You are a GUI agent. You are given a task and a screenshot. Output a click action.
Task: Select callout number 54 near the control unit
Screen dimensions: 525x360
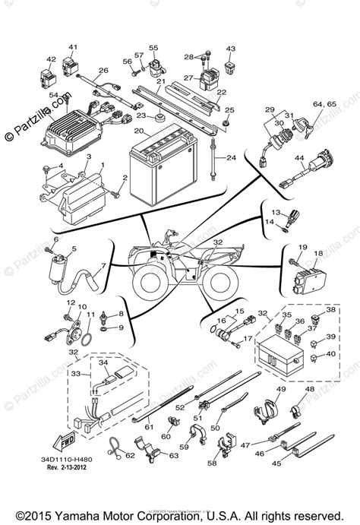(x=54, y=96)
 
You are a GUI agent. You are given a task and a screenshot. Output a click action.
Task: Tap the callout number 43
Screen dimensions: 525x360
(x=230, y=49)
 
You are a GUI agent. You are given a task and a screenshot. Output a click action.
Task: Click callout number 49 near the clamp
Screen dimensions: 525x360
(x=279, y=390)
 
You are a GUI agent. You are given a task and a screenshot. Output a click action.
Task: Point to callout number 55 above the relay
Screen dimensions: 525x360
(x=153, y=46)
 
